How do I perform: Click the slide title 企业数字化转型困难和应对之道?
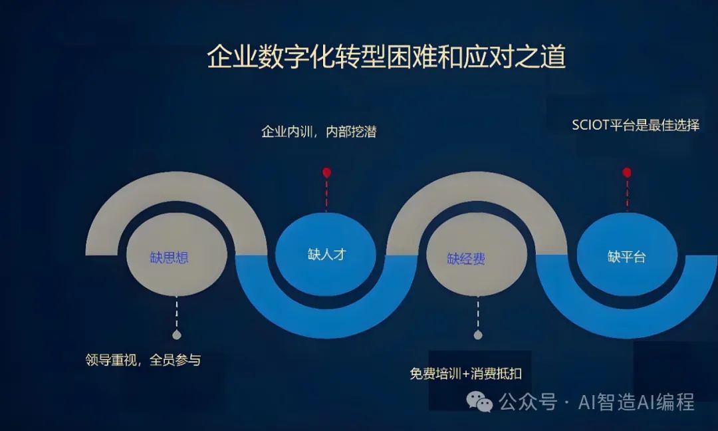pyautogui.click(x=386, y=57)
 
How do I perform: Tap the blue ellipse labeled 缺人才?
pyautogui.click(x=326, y=255)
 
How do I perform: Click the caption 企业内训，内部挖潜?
pyautogui.click(x=319, y=132)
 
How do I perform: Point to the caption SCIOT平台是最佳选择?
pyautogui.click(x=635, y=125)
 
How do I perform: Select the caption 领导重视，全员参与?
pyautogui.click(x=143, y=360)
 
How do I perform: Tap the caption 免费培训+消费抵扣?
pyautogui.click(x=465, y=373)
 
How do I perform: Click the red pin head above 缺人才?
pyautogui.click(x=326, y=173)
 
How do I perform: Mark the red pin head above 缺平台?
pyautogui.click(x=626, y=172)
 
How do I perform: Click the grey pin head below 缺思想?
pyautogui.click(x=176, y=335)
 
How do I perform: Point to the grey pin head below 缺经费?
pyautogui.click(x=477, y=335)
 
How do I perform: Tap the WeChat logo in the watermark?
pyautogui.click(x=479, y=401)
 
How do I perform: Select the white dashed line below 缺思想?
pyautogui.click(x=176, y=313)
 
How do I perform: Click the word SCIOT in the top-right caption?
pyautogui.click(x=590, y=125)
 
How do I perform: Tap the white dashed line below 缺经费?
pyautogui.click(x=477, y=313)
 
